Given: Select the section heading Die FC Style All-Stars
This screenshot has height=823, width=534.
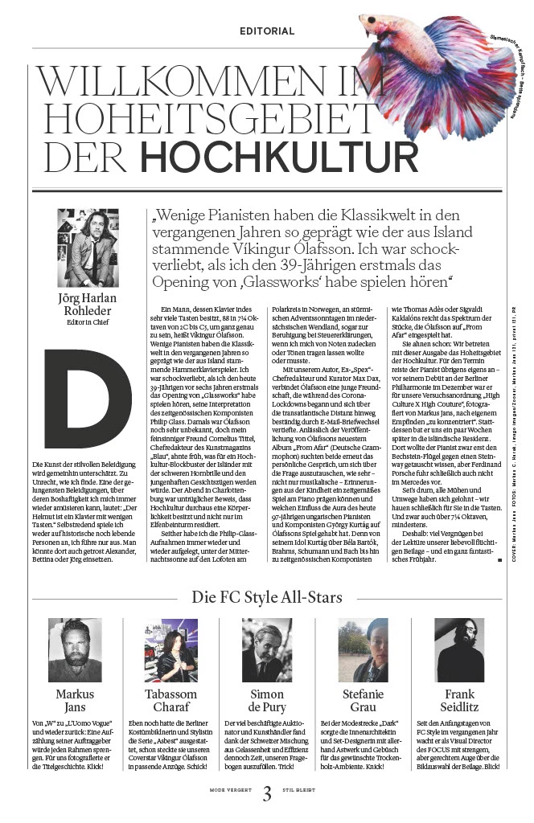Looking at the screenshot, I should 266,596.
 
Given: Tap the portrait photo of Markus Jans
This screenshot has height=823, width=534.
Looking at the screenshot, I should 74,650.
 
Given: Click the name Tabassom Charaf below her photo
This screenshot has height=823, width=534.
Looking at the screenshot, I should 170,700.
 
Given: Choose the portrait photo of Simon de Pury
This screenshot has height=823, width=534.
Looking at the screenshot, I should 267,650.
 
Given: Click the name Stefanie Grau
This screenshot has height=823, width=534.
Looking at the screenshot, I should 364,700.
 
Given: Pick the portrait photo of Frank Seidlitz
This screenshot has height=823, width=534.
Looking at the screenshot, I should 460,650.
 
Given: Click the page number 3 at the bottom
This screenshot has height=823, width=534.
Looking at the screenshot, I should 267,796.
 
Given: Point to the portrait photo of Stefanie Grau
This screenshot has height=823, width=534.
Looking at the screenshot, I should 364,650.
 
